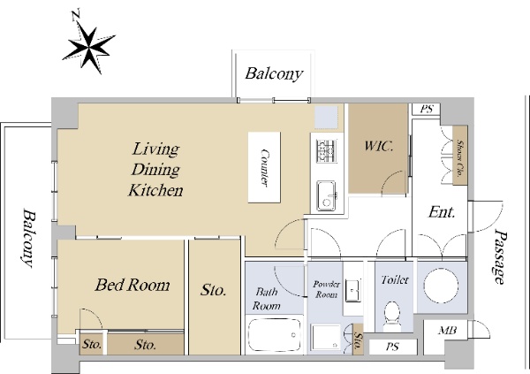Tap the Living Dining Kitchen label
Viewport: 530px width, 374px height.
(x=155, y=170)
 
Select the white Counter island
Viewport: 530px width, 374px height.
(x=264, y=167)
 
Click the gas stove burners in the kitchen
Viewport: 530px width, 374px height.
(x=327, y=151)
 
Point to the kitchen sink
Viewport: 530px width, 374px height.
(x=327, y=196)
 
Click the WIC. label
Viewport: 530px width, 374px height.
(x=379, y=146)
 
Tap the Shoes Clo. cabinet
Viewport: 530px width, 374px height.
(x=459, y=156)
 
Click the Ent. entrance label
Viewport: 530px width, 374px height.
(x=442, y=212)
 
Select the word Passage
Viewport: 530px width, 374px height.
(x=501, y=256)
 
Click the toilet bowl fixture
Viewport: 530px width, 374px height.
(x=392, y=316)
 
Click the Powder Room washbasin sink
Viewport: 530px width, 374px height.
(x=352, y=290)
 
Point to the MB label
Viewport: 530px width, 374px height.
(x=447, y=330)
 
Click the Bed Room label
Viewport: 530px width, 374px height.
(x=132, y=285)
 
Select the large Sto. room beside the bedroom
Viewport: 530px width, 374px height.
(x=215, y=297)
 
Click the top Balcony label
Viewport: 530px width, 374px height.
(x=274, y=73)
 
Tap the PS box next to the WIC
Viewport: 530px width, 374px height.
(x=427, y=110)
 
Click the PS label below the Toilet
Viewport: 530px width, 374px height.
(x=392, y=347)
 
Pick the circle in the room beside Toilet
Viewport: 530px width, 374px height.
(x=441, y=286)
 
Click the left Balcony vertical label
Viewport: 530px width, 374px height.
(x=29, y=238)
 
